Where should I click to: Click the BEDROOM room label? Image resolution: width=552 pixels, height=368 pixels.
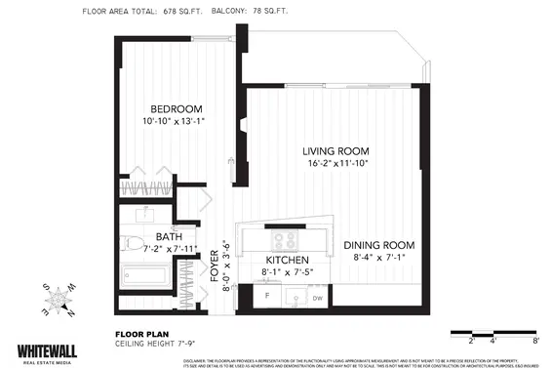176,108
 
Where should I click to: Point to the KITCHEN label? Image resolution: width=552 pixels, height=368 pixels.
286,261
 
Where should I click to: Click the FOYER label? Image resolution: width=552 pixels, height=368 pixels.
216,266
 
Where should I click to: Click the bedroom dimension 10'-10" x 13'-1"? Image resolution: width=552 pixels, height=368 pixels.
176,122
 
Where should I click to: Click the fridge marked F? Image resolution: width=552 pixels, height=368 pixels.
266,295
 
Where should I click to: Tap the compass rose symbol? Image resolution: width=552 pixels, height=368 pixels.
61,298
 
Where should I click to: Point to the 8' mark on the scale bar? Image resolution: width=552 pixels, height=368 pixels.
535,342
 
